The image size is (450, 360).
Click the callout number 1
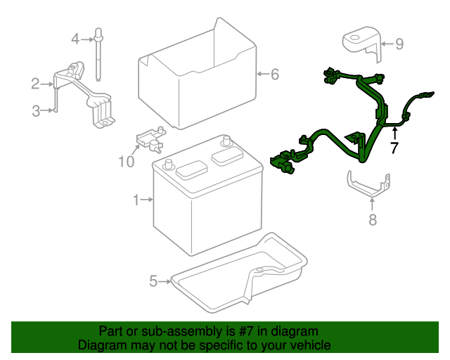[136, 200]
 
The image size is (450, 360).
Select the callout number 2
[34, 84]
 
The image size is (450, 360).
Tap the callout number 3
[34, 110]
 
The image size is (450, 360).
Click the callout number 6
[275, 73]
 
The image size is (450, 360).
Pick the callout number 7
[394, 148]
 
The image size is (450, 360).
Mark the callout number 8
[372, 219]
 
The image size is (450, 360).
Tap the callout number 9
[399, 44]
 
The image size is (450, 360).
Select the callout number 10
[126, 162]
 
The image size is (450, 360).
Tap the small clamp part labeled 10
[150, 138]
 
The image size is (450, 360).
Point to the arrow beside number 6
[260, 73]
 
